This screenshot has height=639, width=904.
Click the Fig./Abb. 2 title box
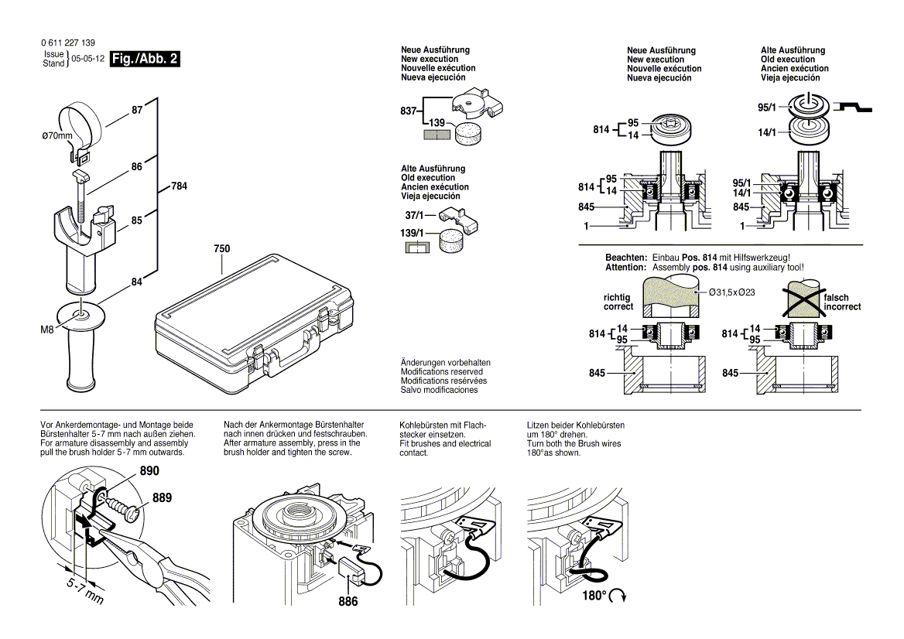146,59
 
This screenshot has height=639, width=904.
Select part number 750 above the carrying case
222,249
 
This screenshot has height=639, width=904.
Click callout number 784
180,186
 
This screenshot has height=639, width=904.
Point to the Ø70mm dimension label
57,136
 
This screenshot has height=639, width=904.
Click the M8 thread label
47,330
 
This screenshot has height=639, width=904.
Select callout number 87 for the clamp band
137,110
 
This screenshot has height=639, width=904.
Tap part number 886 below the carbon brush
348,602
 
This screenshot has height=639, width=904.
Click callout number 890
149,471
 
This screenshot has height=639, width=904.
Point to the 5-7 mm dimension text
85,591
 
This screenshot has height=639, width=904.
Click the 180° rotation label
594,595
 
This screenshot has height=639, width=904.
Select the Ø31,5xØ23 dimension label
731,292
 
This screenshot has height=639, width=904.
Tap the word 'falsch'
836,297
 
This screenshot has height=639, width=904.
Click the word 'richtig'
617,298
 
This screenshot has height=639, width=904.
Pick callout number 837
408,111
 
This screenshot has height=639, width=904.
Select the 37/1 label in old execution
414,215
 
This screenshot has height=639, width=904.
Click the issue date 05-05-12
87,59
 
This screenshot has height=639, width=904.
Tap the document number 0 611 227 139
68,43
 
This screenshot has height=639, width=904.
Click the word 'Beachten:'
626,258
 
